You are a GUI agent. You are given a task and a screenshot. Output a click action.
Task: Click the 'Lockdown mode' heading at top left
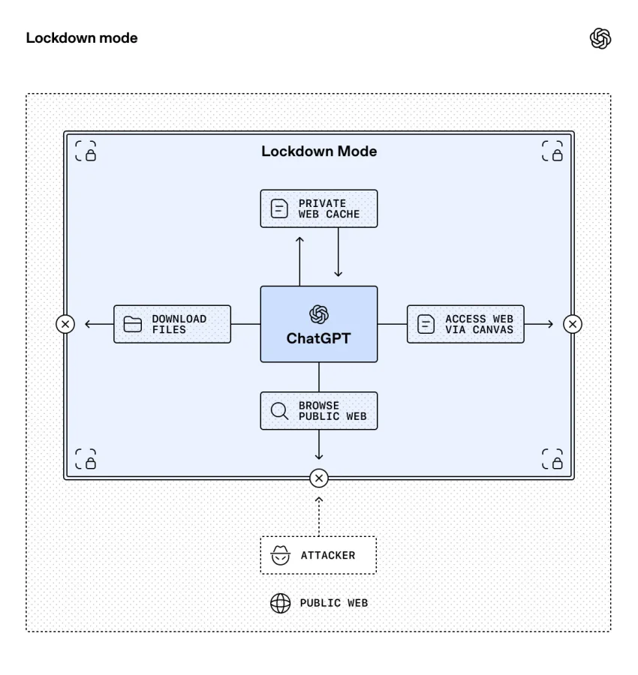pos(82,38)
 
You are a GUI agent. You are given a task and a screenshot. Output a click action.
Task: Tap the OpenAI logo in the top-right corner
pos(600,38)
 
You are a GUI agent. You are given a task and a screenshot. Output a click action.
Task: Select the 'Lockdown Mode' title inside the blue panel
pos(319,151)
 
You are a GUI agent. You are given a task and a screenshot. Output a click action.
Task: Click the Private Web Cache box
pos(319,208)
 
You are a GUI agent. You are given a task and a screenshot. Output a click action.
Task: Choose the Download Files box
pos(172,324)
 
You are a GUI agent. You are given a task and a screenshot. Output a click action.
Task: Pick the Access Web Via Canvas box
pos(465,324)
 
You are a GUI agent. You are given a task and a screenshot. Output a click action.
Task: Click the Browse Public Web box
pos(319,411)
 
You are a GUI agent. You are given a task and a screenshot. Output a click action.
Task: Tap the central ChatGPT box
pos(319,324)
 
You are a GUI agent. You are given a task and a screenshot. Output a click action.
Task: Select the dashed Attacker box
pos(318,555)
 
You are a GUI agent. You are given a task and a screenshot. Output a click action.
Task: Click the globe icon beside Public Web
pos(280,603)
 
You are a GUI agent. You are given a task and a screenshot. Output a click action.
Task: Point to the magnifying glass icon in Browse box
pos(279,411)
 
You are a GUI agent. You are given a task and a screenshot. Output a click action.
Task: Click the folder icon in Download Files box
pos(133,324)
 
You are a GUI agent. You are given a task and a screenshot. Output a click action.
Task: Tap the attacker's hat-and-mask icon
pos(280,556)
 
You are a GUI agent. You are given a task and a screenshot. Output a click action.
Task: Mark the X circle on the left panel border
pos(65,324)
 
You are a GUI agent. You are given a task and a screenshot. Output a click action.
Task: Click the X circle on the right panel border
pos(573,324)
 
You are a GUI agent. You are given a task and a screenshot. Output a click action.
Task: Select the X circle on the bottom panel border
pos(319,478)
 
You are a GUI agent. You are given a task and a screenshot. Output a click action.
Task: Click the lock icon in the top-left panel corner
pos(86,151)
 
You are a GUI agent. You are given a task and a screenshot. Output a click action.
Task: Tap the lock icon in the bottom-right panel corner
pos(552,459)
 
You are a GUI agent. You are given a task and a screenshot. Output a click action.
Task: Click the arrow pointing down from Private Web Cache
pos(339,252)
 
